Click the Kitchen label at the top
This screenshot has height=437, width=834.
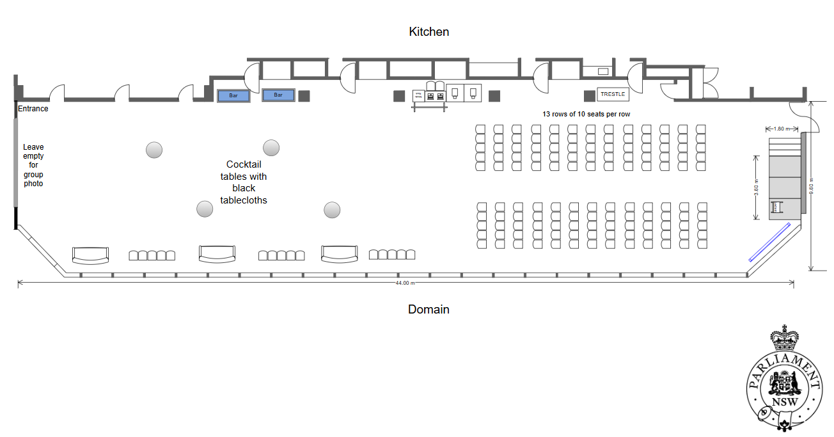[x=429, y=31]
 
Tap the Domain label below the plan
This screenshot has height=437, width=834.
[x=429, y=310]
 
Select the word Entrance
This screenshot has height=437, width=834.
[x=33, y=109]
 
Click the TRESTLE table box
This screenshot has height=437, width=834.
[x=613, y=94]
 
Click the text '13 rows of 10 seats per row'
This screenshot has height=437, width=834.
[x=587, y=113]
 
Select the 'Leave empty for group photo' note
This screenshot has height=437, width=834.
[x=33, y=165]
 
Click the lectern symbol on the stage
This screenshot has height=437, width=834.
[x=777, y=207]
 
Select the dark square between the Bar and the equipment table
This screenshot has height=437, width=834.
[x=304, y=96]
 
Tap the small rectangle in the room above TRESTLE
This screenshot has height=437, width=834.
[x=602, y=71]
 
